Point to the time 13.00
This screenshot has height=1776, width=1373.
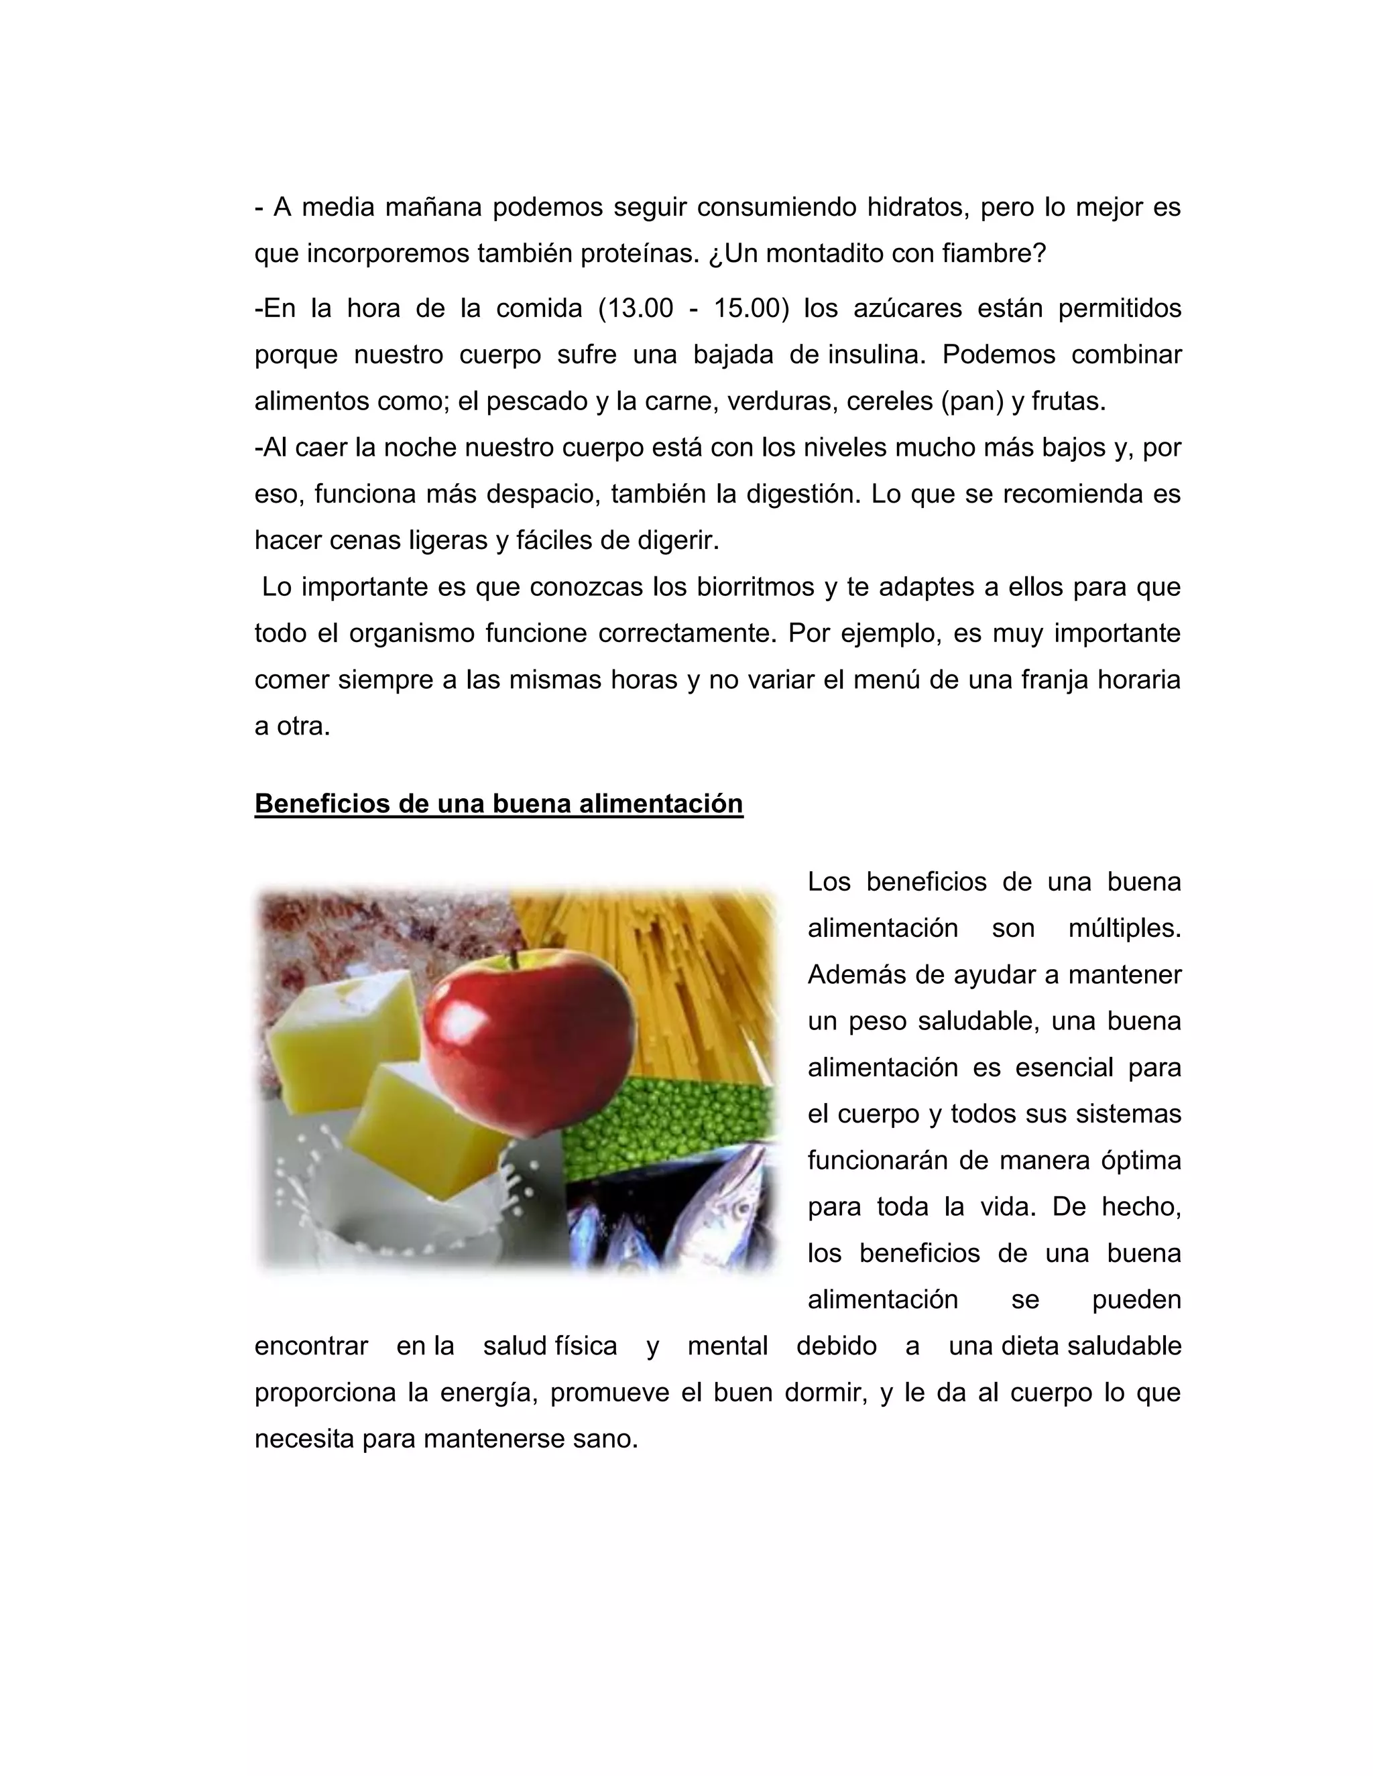coord(636,309)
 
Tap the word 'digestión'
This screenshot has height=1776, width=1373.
coord(800,494)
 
